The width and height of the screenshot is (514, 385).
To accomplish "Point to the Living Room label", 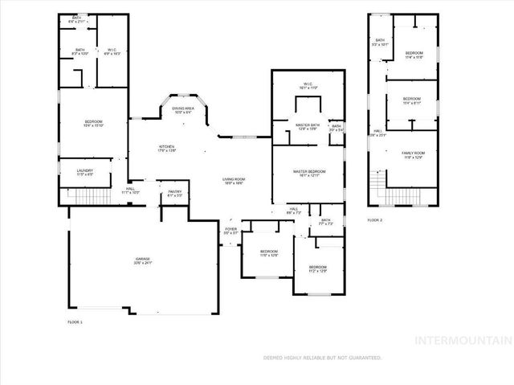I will [234, 181].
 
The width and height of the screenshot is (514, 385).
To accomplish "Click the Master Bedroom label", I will [308, 173].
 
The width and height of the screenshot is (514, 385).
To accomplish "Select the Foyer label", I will [231, 231].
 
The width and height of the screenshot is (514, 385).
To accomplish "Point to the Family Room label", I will [414, 154].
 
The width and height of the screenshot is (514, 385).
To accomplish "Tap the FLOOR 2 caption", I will [375, 219].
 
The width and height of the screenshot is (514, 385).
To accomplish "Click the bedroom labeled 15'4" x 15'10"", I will [94, 123].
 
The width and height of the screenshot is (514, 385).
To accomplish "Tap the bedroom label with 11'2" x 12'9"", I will [318, 268].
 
